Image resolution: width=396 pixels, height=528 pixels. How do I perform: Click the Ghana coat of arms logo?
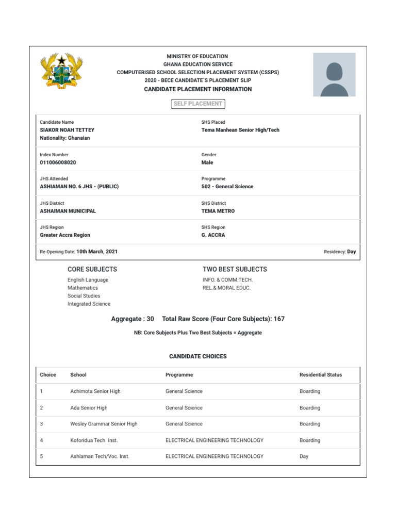[x=62, y=71]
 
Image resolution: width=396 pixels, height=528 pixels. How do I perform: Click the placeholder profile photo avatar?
[x=334, y=74]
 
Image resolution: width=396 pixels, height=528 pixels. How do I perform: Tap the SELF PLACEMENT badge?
[x=198, y=104]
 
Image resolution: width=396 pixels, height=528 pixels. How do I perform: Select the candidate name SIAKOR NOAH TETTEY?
[x=67, y=130]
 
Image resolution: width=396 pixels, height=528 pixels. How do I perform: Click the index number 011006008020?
[x=58, y=162]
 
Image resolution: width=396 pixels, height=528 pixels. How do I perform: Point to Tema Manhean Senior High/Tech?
[x=240, y=130]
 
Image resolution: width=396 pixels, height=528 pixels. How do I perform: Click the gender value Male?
[x=207, y=162]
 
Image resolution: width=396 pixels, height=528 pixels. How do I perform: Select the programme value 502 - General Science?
[x=227, y=187]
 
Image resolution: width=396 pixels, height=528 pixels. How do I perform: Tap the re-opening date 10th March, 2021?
[x=97, y=252]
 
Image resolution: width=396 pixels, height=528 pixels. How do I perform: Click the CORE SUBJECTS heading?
[x=92, y=269]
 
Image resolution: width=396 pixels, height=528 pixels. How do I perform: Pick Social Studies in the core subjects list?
[x=84, y=296]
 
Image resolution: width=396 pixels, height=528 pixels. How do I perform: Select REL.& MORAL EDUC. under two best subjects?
[x=227, y=288]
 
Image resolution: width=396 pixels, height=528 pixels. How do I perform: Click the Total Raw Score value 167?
[x=279, y=319]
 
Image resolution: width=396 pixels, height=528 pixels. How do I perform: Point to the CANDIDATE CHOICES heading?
[x=198, y=356]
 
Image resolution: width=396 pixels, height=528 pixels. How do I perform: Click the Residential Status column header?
[x=321, y=375]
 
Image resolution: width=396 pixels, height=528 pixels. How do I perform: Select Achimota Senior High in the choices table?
[x=95, y=391]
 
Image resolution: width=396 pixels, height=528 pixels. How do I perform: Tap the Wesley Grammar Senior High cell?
[x=104, y=424]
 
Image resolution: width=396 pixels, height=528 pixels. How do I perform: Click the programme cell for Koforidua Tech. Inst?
[x=214, y=440]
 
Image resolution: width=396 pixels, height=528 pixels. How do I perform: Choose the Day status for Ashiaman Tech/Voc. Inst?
[x=304, y=456]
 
